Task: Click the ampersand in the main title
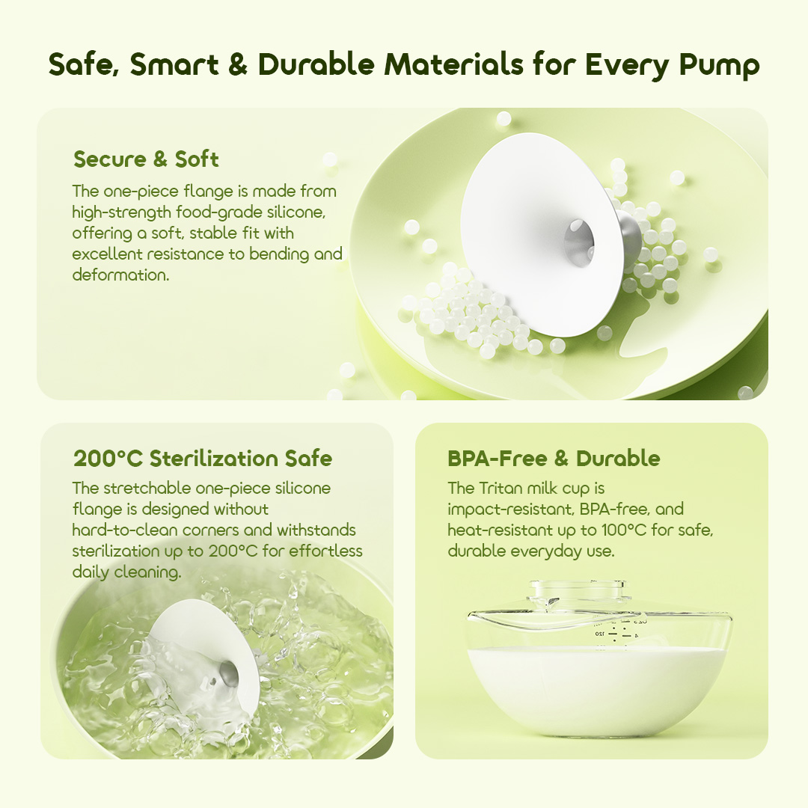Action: [237, 65]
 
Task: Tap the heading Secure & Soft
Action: [146, 159]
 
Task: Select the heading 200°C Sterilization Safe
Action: [203, 458]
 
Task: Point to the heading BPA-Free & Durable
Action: [554, 458]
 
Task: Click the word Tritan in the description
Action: [506, 489]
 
